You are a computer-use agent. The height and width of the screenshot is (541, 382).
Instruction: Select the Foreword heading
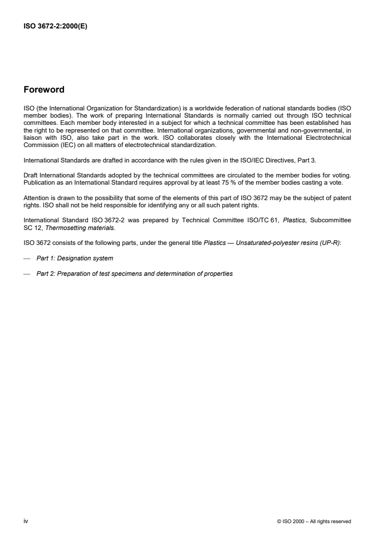coord(44,90)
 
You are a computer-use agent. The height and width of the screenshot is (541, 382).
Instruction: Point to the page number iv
coord(26,521)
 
